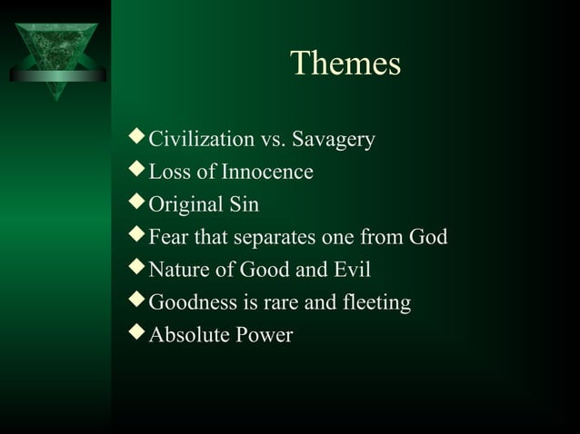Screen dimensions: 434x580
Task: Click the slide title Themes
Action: pyautogui.click(x=345, y=63)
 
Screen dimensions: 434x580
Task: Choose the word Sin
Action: pyautogui.click(x=243, y=205)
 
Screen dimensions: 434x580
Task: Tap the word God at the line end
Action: pyautogui.click(x=427, y=238)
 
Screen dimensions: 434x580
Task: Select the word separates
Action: pyautogui.click(x=275, y=238)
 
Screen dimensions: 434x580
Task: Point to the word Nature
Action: pyautogui.click(x=177, y=271)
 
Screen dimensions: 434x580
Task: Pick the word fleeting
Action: pyautogui.click(x=375, y=303)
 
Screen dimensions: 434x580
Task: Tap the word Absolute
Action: pyautogui.click(x=188, y=336)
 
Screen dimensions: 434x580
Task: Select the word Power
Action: pyautogui.click(x=265, y=336)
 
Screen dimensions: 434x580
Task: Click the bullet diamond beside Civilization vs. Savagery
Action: pyautogui.click(x=137, y=139)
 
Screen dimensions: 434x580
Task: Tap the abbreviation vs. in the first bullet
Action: pyautogui.click(x=274, y=141)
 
